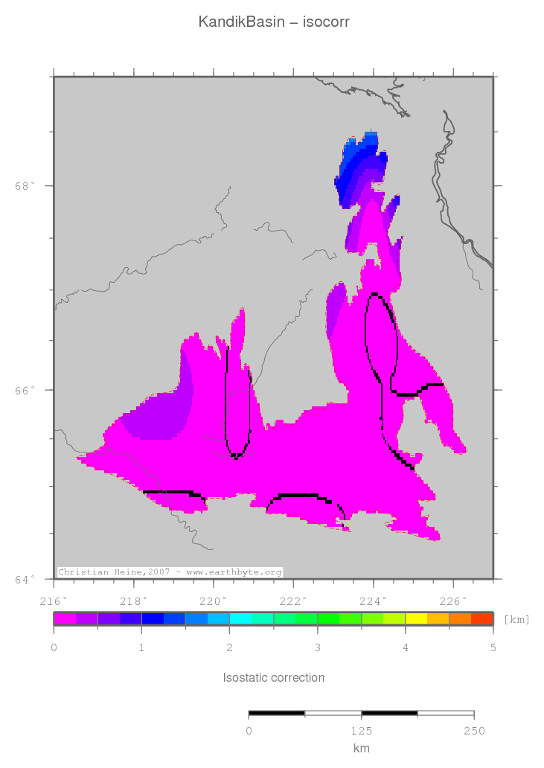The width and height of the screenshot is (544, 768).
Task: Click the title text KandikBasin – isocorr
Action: point(273,22)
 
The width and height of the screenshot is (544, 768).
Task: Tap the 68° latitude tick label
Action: point(25,186)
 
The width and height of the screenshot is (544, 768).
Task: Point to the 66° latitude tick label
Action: point(25,390)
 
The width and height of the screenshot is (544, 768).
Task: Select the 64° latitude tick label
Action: point(25,579)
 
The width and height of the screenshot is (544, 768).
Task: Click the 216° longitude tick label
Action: point(54,601)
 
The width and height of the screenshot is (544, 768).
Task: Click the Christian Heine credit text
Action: point(170,572)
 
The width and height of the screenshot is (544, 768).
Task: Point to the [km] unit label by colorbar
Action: point(516,619)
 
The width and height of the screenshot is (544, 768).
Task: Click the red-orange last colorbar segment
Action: point(482,618)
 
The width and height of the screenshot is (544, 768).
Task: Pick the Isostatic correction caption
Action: point(273,678)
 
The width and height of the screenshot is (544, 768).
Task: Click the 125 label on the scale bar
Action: point(361,731)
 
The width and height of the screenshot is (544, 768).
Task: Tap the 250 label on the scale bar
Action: point(473,731)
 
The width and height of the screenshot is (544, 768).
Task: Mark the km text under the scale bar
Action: point(361,749)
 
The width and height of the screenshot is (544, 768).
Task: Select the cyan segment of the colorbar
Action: point(240,618)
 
